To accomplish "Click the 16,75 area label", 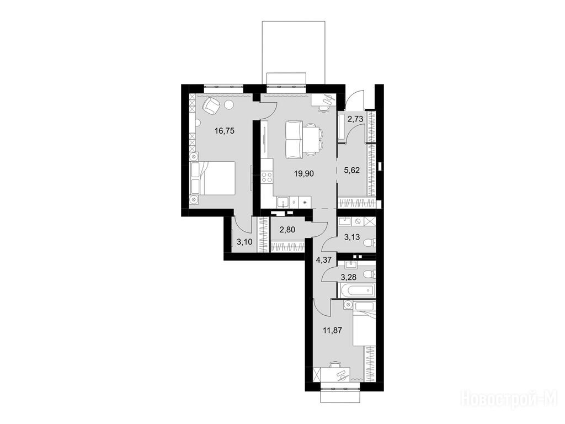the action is click(x=225, y=131).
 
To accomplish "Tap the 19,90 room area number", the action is click(x=304, y=173).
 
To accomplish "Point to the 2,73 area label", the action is click(x=355, y=118).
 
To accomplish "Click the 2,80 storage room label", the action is click(x=287, y=229).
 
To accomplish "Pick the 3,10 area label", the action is click(x=244, y=242).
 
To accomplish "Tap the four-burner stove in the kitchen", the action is click(x=267, y=177).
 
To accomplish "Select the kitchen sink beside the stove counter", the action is click(x=282, y=202).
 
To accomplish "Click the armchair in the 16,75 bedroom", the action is click(x=211, y=105).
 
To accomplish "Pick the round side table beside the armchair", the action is click(x=229, y=105).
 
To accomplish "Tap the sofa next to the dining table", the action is click(x=294, y=140).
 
